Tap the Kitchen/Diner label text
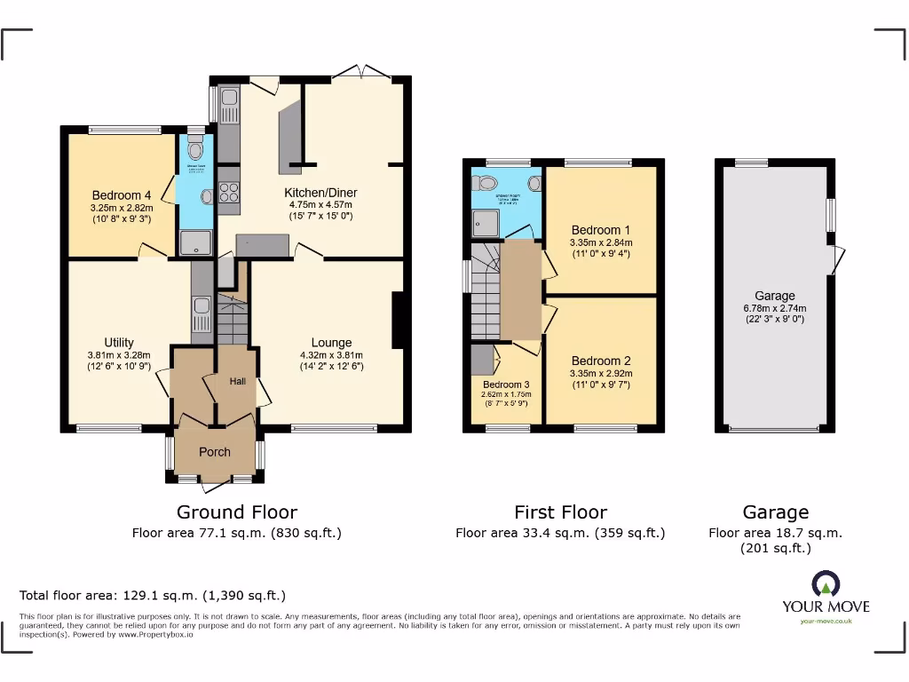(x=320, y=193)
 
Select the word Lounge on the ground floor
(x=331, y=343)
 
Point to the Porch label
(x=214, y=452)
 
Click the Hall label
(x=238, y=381)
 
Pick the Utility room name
(x=119, y=343)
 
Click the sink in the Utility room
(x=202, y=306)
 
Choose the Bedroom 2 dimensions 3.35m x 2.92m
(x=601, y=374)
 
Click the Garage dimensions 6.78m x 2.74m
(x=775, y=308)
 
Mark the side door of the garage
(x=837, y=259)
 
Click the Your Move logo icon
(x=825, y=584)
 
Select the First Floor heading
(x=560, y=512)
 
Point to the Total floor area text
(x=153, y=595)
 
